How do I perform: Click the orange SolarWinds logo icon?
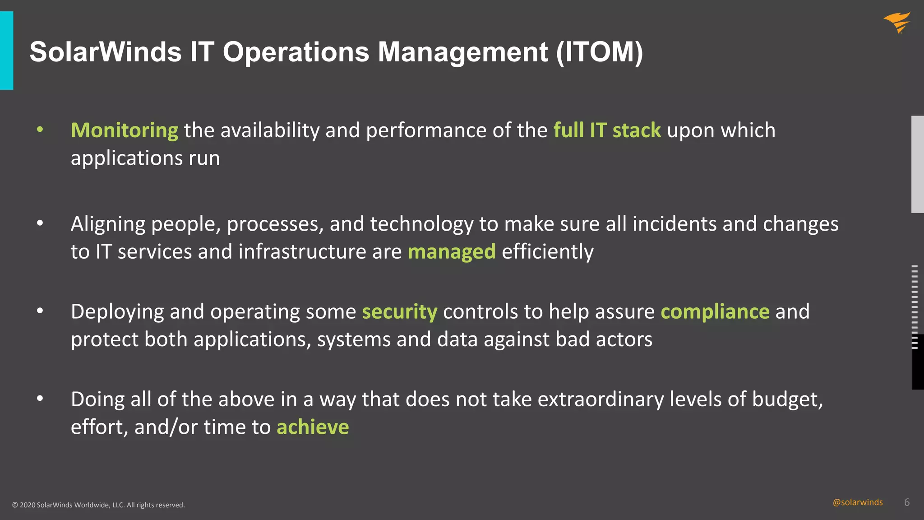897,23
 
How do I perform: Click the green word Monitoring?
125,130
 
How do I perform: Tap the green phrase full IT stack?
607,130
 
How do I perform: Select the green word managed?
452,252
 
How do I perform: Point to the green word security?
399,312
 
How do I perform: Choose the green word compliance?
715,312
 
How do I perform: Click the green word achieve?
313,427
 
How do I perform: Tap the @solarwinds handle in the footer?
857,502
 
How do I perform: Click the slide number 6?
907,502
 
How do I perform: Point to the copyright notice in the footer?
98,505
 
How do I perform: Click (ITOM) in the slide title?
599,52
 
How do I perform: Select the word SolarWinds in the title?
106,52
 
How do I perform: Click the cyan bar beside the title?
6,51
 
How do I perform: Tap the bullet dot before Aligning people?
40,223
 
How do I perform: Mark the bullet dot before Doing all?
40,399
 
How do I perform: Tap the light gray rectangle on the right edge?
917,164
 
